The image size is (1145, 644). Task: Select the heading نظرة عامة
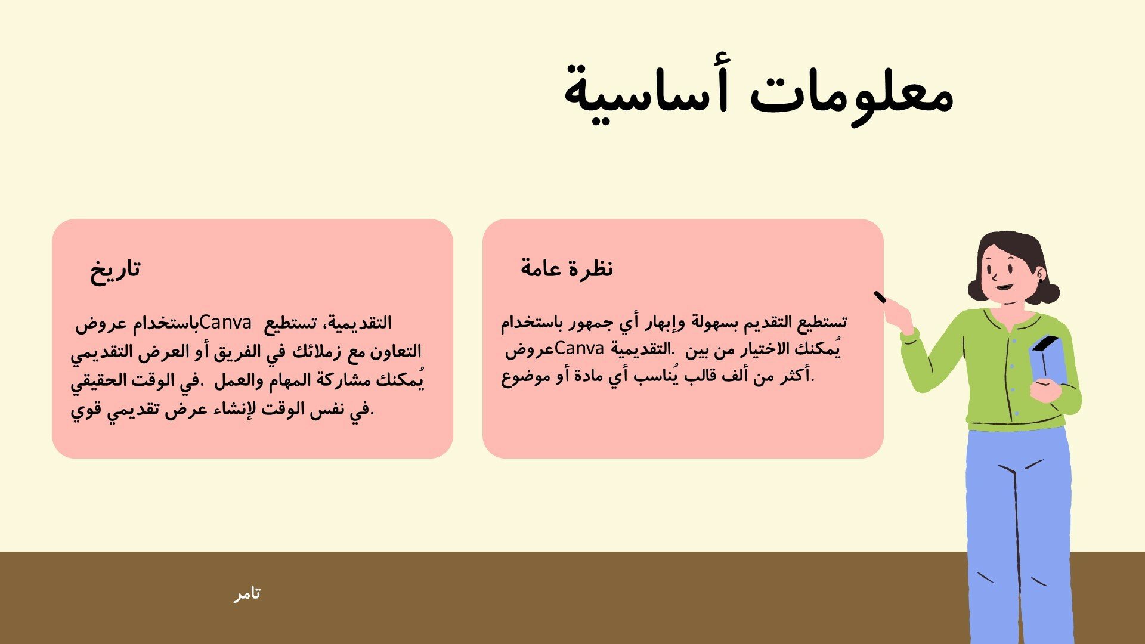(567, 268)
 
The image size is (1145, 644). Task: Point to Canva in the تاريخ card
(226, 323)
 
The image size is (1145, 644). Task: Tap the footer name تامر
(247, 594)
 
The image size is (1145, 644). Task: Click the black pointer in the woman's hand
(881, 297)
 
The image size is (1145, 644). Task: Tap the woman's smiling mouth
(1004, 287)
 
